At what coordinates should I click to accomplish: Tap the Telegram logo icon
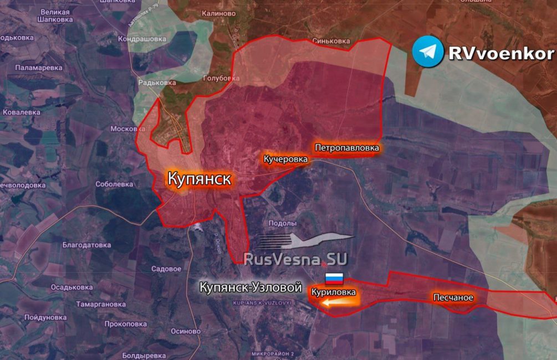coord(428,52)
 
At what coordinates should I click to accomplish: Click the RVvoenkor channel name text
coord(500,53)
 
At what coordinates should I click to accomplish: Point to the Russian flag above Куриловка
coord(334,279)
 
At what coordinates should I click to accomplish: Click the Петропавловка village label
coord(347,148)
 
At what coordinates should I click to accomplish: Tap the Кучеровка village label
coord(285,159)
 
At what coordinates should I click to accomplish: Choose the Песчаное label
coord(453,297)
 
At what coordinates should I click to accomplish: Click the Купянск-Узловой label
coord(251,288)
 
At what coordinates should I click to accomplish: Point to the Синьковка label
coord(331,41)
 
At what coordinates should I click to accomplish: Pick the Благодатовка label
coord(86,244)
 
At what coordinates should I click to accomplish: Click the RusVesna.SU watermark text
coord(296,259)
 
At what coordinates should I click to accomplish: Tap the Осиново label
coord(185,331)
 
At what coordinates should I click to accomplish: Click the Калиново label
coord(219,13)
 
